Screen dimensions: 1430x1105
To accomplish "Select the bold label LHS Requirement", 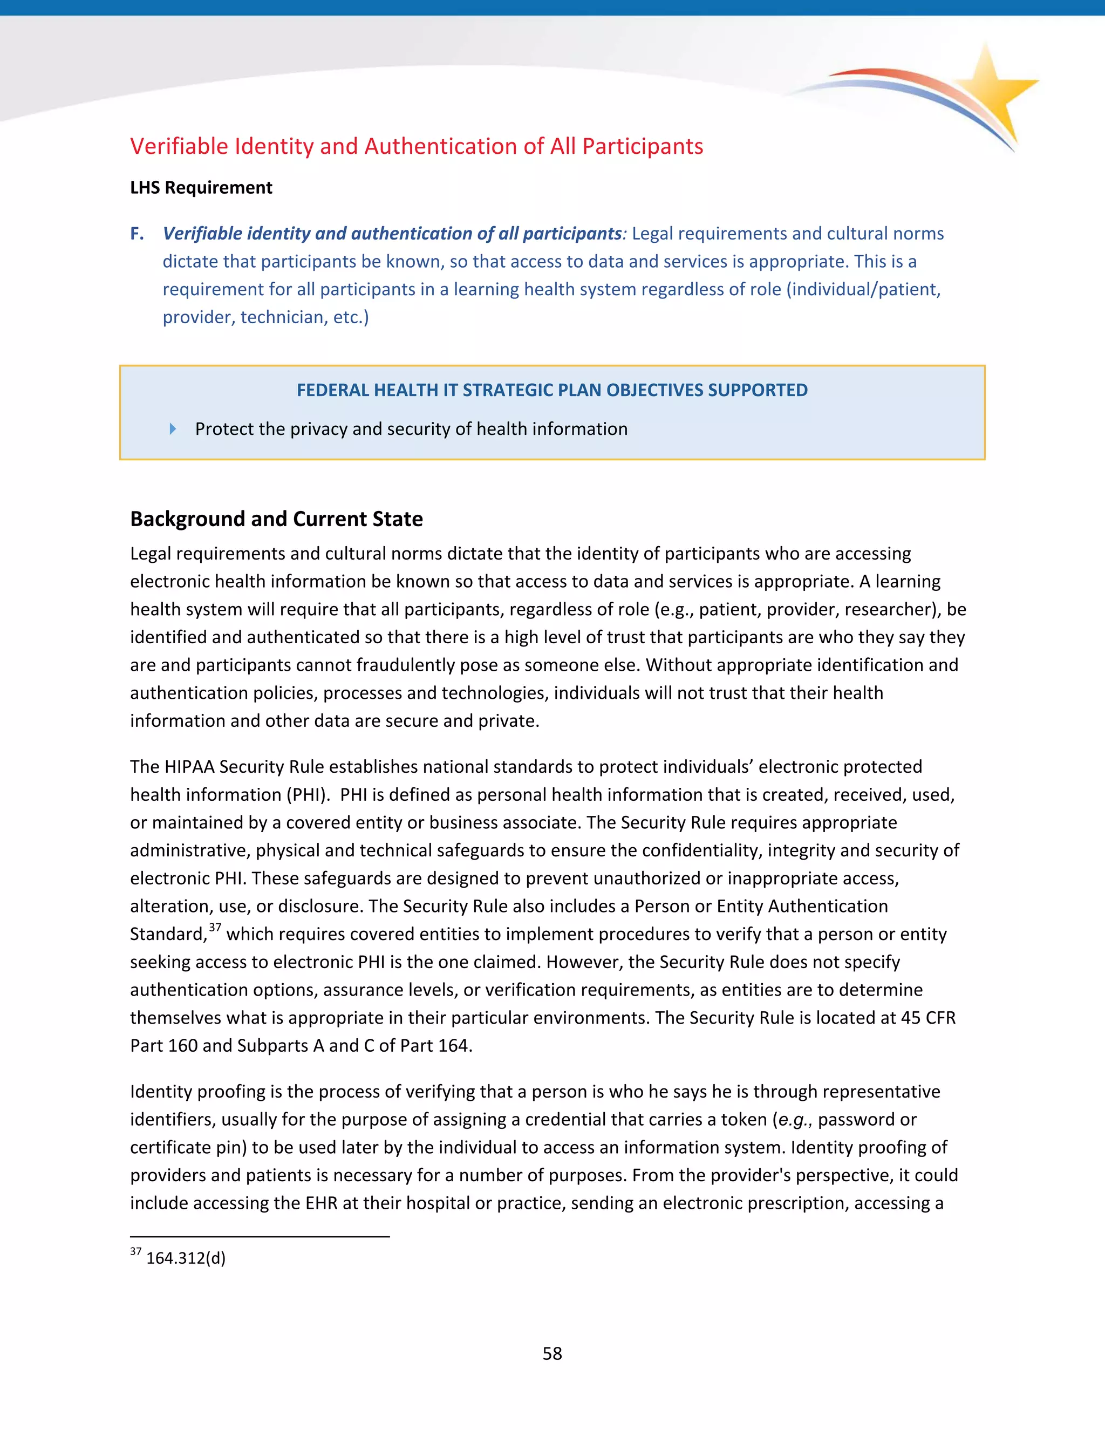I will (201, 187).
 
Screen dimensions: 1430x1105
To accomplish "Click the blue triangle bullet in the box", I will (172, 429).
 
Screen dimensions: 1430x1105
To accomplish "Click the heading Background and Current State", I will (276, 519).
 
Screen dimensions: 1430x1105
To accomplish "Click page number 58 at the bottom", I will (552, 1353).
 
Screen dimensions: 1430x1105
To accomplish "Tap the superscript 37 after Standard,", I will (215, 927).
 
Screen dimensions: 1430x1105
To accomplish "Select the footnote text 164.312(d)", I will (185, 1258).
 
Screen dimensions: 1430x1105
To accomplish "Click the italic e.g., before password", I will (794, 1120).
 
